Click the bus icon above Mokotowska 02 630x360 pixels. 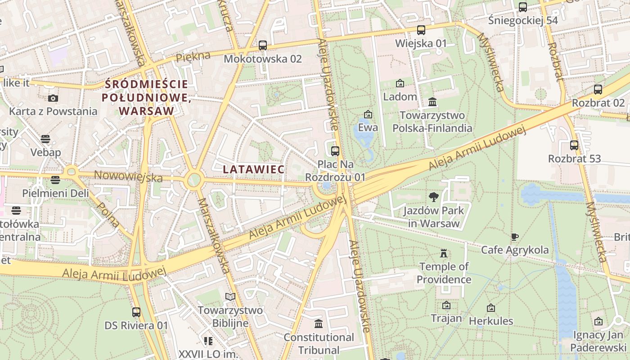point(263,45)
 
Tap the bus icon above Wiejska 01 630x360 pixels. point(421,30)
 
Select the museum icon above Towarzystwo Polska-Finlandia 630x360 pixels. point(432,102)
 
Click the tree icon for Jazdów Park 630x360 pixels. point(434,197)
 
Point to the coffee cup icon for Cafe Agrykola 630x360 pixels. point(515,237)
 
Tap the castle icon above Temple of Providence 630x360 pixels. point(444,253)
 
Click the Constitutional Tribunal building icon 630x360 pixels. point(319,324)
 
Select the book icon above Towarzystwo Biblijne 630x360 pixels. point(230,297)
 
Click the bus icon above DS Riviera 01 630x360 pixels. point(136,312)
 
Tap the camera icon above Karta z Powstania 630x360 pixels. point(53,98)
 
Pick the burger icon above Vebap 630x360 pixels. point(45,139)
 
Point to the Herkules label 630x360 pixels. point(491,321)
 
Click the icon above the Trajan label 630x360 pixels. point(446,305)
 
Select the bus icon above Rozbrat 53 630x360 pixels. point(574,145)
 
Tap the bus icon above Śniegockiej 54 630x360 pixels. point(523,7)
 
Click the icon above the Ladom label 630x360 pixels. point(400,83)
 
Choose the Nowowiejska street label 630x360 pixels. point(128,176)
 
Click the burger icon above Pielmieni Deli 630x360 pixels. point(55,180)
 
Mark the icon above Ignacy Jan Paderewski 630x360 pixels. point(598,321)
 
